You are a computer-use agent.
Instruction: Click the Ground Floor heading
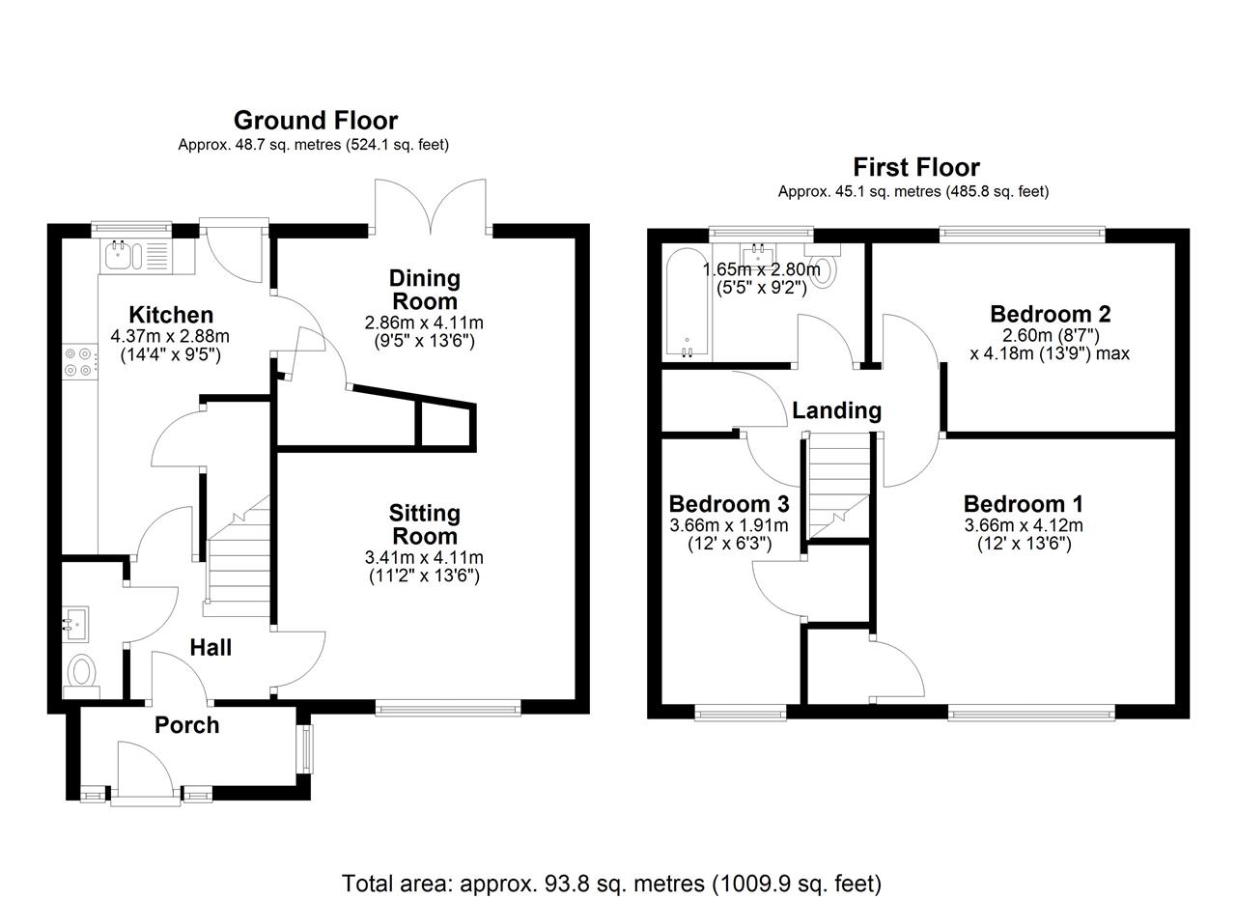tap(316, 121)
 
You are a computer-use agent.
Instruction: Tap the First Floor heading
tap(916, 167)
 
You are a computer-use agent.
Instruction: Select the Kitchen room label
tap(171, 315)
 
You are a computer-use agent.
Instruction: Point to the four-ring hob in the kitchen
tap(78, 361)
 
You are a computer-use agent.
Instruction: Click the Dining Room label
tap(424, 290)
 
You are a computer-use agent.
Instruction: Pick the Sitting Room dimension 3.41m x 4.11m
tap(424, 557)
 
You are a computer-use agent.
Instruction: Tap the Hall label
tap(211, 648)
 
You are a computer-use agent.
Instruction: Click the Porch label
tap(187, 725)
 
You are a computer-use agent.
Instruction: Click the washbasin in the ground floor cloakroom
tap(74, 625)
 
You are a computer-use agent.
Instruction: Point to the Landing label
tap(836, 410)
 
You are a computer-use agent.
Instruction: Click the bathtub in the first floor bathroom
tap(687, 302)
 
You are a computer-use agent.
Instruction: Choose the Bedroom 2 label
tap(1050, 314)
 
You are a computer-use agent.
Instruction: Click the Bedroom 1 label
tap(1024, 504)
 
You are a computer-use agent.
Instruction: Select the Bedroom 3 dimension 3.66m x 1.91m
tap(729, 525)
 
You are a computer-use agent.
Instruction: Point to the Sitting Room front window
tap(448, 708)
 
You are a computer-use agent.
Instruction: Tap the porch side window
tap(306, 749)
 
